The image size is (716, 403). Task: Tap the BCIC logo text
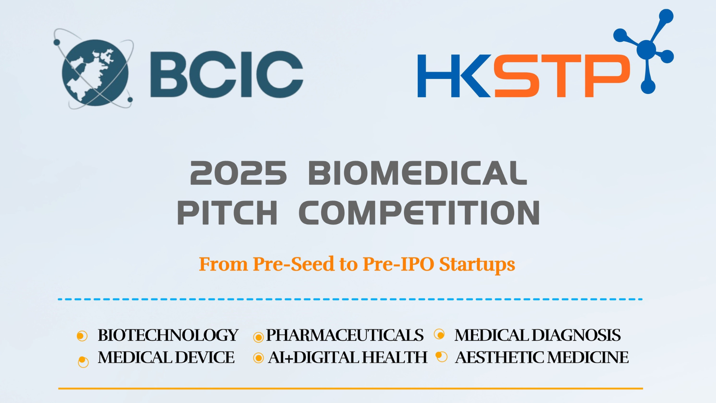click(227, 74)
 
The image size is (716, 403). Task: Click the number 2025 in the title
click(239, 173)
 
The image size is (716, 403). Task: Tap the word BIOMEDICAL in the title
click(418, 173)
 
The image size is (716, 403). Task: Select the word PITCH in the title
click(227, 212)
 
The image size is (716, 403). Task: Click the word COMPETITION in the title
click(419, 212)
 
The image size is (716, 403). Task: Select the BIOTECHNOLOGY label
click(168, 335)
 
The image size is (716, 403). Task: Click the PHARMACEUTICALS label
click(345, 335)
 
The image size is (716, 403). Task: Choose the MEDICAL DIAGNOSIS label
click(537, 335)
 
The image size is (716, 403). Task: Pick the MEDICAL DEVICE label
click(166, 357)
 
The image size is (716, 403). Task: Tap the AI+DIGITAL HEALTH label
click(348, 357)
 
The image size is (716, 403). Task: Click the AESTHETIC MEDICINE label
click(542, 357)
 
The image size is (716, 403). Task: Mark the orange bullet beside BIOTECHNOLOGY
click(82, 336)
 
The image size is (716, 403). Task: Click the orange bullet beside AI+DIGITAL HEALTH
click(258, 358)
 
